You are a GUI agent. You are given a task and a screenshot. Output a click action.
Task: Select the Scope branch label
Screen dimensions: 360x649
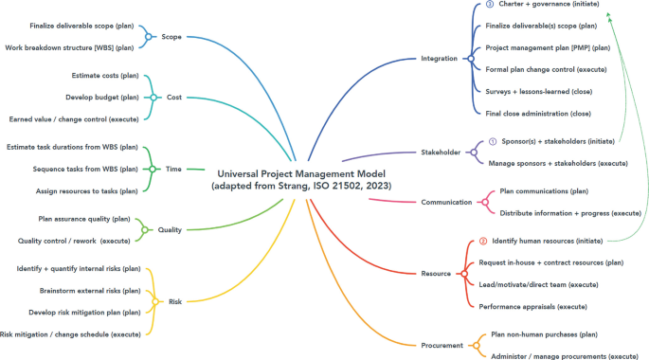click(x=171, y=37)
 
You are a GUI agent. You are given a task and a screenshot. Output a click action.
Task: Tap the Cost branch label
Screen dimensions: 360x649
click(x=174, y=97)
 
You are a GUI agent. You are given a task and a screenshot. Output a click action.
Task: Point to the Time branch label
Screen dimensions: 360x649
click(x=173, y=169)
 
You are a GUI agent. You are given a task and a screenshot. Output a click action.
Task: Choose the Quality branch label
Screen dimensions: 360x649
click(x=171, y=229)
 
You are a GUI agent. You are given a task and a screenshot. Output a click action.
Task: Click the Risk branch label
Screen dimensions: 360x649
click(x=175, y=301)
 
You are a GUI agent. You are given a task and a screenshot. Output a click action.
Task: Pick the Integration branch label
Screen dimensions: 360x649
click(x=439, y=59)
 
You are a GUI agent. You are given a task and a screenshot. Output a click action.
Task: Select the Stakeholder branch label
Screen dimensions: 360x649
click(x=440, y=152)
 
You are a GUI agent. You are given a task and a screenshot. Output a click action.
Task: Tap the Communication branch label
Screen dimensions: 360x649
click(x=446, y=202)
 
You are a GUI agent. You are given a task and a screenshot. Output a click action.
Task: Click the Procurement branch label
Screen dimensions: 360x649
click(x=442, y=346)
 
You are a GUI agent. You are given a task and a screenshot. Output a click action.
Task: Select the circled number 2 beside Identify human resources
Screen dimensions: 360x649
click(x=483, y=241)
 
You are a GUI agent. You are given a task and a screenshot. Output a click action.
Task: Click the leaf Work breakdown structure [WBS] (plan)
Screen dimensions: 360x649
click(x=70, y=46)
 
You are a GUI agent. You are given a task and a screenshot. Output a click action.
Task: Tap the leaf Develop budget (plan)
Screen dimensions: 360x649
click(x=102, y=97)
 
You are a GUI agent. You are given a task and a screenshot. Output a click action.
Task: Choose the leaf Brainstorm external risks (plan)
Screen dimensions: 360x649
click(x=90, y=290)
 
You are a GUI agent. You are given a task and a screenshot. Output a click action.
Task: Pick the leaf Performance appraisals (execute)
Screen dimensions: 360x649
click(x=532, y=306)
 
